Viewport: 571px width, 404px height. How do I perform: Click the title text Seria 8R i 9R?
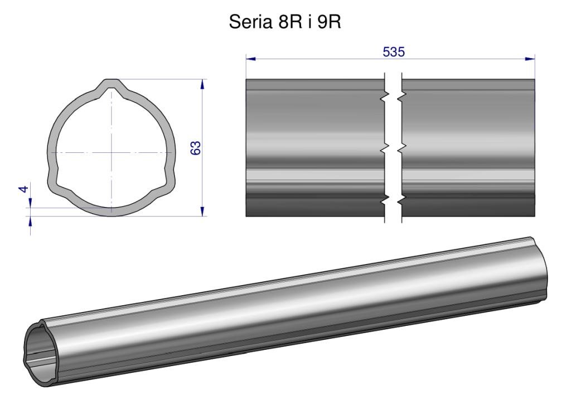tap(285, 22)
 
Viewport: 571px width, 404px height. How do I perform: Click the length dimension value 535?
tap(394, 52)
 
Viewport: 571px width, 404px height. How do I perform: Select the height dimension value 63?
tap(196, 148)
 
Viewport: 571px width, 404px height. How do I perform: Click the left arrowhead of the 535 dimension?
tap(250, 58)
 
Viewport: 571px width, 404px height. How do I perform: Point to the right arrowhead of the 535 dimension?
tap(530, 58)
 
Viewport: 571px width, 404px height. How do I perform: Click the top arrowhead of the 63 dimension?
tap(202, 84)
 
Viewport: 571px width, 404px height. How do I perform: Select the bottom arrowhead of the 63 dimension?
tap(202, 211)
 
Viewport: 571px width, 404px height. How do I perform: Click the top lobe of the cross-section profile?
tap(112, 84)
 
